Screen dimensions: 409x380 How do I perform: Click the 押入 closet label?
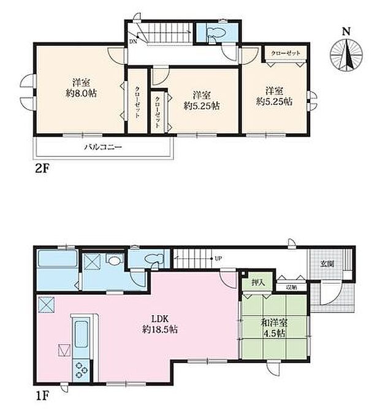point(258,283)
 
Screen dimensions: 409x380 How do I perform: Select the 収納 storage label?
point(291,286)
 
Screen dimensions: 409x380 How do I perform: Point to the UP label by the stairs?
point(218,259)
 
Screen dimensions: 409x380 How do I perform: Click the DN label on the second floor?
point(133,41)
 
